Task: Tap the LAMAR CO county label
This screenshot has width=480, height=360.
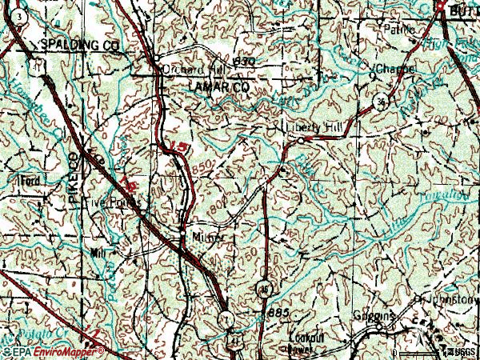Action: pos(217,85)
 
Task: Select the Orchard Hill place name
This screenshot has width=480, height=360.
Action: pos(189,69)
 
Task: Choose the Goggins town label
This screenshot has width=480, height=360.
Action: pos(375,317)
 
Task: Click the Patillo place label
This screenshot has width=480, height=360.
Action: pos(400,29)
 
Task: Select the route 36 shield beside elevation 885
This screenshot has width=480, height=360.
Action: pos(263,288)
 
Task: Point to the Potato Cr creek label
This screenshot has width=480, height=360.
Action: pos(28,330)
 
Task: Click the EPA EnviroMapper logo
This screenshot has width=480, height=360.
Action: pos(54,351)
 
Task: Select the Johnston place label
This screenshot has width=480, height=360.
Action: pos(449,301)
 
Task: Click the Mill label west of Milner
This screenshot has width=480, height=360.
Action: pos(98,252)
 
